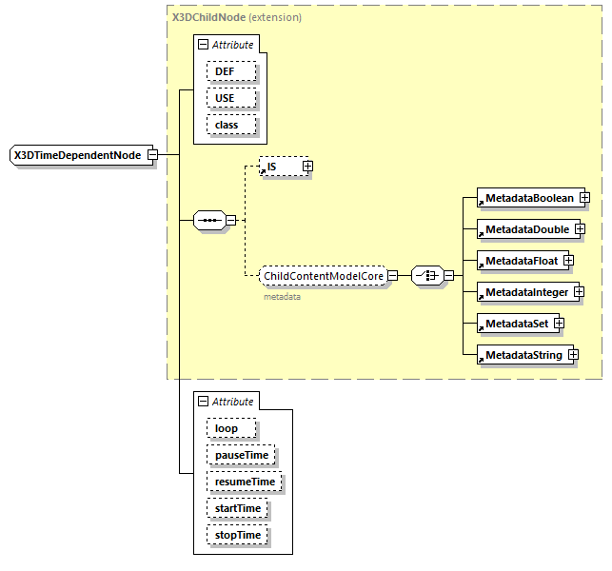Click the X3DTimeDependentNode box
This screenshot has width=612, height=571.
tap(77, 155)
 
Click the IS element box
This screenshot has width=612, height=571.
tap(279, 167)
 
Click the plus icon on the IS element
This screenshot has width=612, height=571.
tap(307, 167)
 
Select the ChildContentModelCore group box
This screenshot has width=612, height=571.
tap(323, 276)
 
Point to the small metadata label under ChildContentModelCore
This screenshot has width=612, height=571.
tap(282, 297)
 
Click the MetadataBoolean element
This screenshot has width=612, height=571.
tap(527, 198)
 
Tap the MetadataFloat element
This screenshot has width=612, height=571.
tap(521, 260)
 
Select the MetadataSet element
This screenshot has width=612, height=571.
tap(515, 324)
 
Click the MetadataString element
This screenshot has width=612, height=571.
tap(522, 355)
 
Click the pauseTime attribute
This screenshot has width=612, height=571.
tap(241, 455)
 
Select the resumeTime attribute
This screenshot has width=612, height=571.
tap(245, 482)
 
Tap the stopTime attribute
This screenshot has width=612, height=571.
tap(236, 535)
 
